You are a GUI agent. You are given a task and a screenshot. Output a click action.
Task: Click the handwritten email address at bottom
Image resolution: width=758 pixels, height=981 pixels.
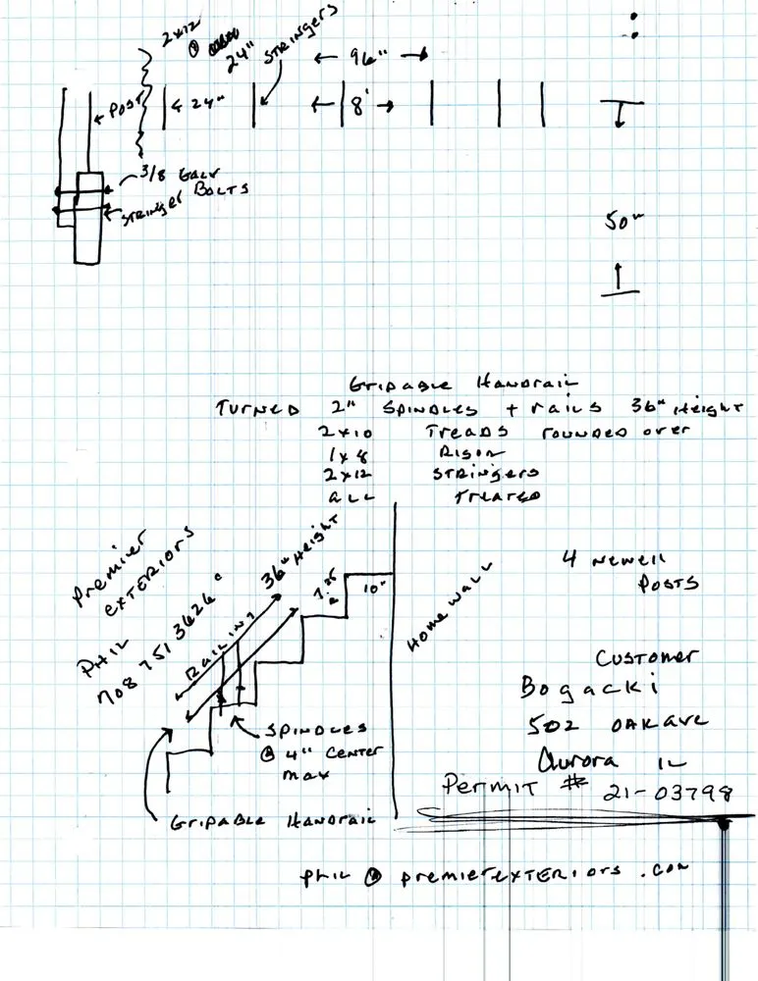[492, 872]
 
